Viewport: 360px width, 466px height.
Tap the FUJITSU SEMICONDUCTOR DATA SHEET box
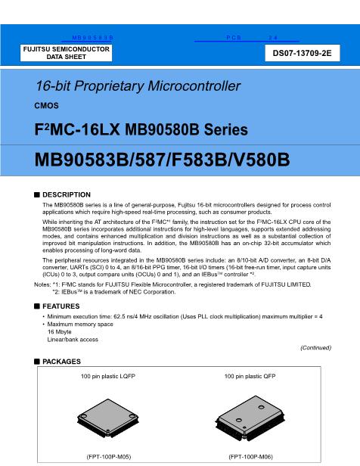(67, 53)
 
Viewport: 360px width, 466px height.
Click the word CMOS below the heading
(47, 106)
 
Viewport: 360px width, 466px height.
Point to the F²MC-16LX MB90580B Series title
(119, 130)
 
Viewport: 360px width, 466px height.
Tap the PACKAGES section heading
(62, 362)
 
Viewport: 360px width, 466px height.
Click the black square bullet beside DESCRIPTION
(36, 194)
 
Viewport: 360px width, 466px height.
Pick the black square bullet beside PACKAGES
(36, 362)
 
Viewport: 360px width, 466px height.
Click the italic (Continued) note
(315, 348)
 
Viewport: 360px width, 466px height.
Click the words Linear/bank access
(73, 339)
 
